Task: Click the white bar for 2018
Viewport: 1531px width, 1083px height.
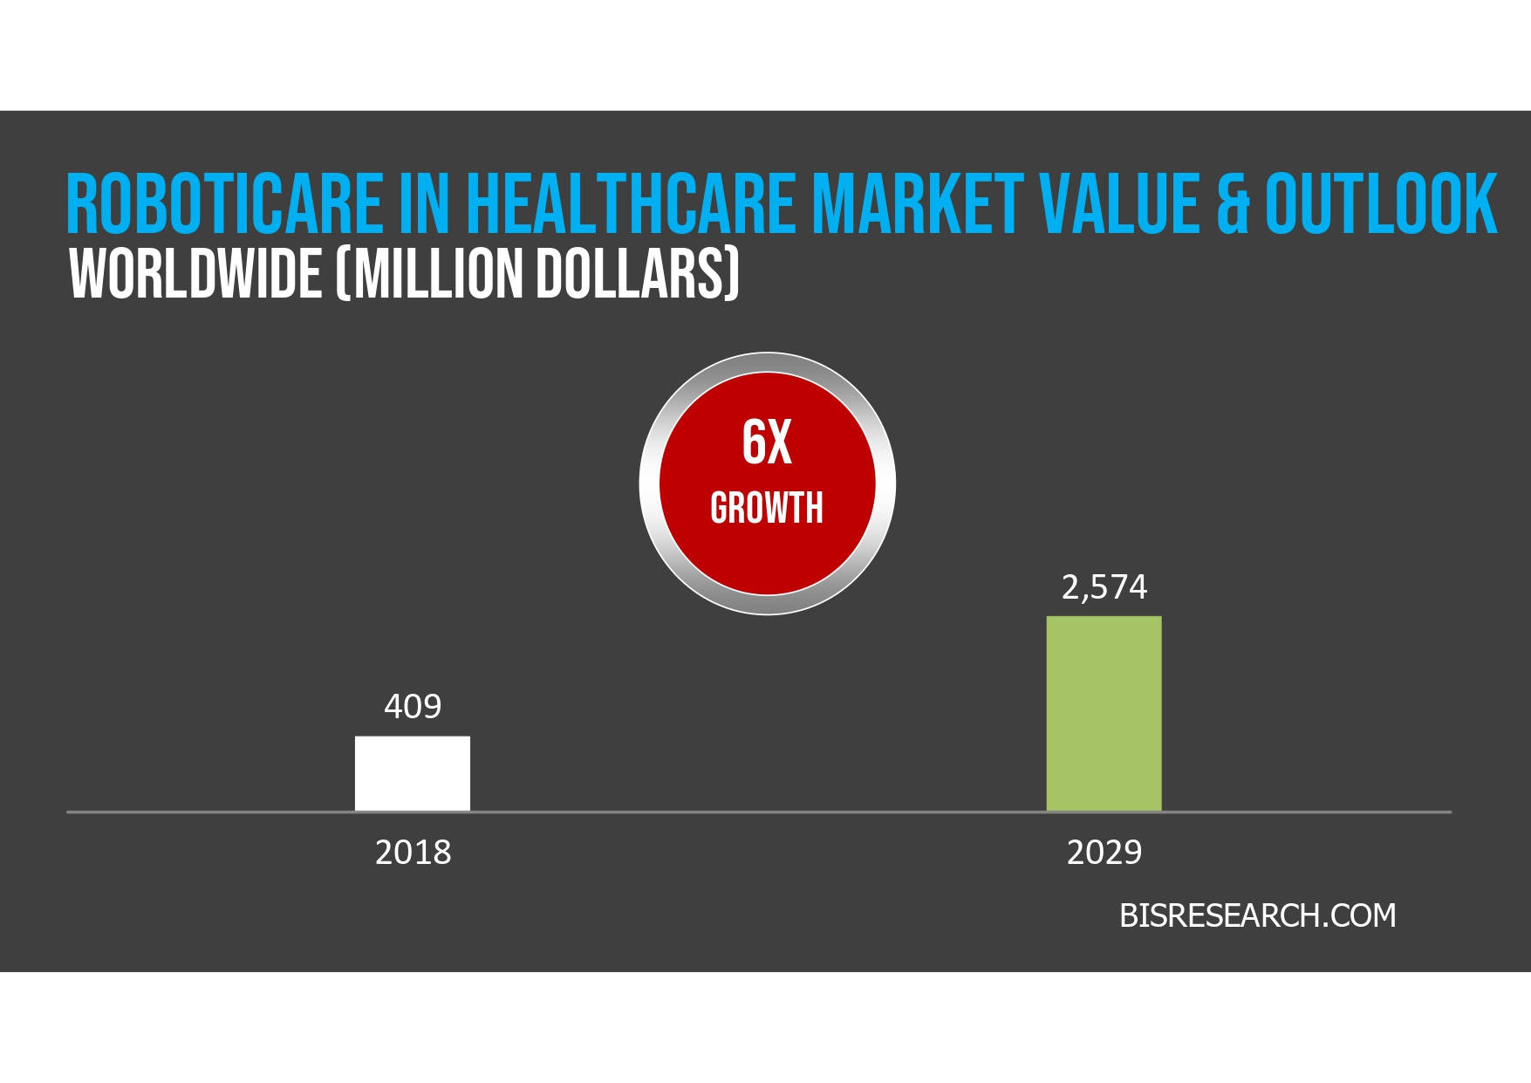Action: (412, 773)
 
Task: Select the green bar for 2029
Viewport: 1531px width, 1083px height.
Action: (1104, 713)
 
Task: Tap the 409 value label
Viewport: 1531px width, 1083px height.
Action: (413, 706)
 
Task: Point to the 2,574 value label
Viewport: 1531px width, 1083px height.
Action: (1104, 587)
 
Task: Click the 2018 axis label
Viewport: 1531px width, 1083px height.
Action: (413, 852)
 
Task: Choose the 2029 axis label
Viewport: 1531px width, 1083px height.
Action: (1104, 852)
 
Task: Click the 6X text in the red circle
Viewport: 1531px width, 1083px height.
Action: (767, 442)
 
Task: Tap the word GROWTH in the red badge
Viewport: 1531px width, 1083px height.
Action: (767, 508)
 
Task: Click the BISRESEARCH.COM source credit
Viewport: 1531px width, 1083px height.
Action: (1257, 915)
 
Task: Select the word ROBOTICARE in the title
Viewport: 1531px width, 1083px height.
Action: (224, 204)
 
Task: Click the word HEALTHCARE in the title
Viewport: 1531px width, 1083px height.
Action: (630, 204)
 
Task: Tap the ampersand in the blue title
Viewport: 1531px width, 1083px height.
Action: (1233, 204)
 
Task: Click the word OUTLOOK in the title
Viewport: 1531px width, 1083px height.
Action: (1381, 204)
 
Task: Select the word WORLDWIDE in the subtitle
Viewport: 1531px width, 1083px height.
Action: (196, 274)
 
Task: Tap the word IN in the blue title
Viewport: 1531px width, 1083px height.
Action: (424, 204)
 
